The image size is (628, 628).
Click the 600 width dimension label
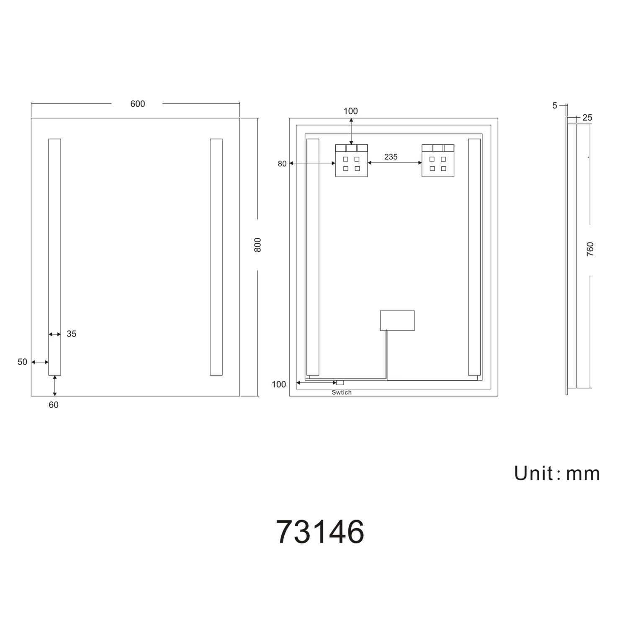137,104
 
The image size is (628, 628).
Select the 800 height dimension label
257,245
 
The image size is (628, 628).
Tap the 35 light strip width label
72,334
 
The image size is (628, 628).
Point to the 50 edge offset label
22,362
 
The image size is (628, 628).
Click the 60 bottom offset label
54,405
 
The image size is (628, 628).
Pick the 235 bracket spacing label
391,157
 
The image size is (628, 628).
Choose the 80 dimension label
282,164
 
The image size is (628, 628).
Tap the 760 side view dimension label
590,249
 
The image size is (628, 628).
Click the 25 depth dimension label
587,118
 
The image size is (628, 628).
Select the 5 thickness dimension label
555,106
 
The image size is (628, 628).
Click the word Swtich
342,392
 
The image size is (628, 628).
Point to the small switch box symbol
340,383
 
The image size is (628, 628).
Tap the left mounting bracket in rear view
351,161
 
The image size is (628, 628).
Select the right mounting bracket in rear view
438,161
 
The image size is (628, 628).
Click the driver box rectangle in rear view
397,320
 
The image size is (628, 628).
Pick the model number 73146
320,532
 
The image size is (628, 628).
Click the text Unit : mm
557,474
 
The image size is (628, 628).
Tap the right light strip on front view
216,257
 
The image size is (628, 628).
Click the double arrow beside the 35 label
55,334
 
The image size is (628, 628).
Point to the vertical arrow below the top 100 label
351,131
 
